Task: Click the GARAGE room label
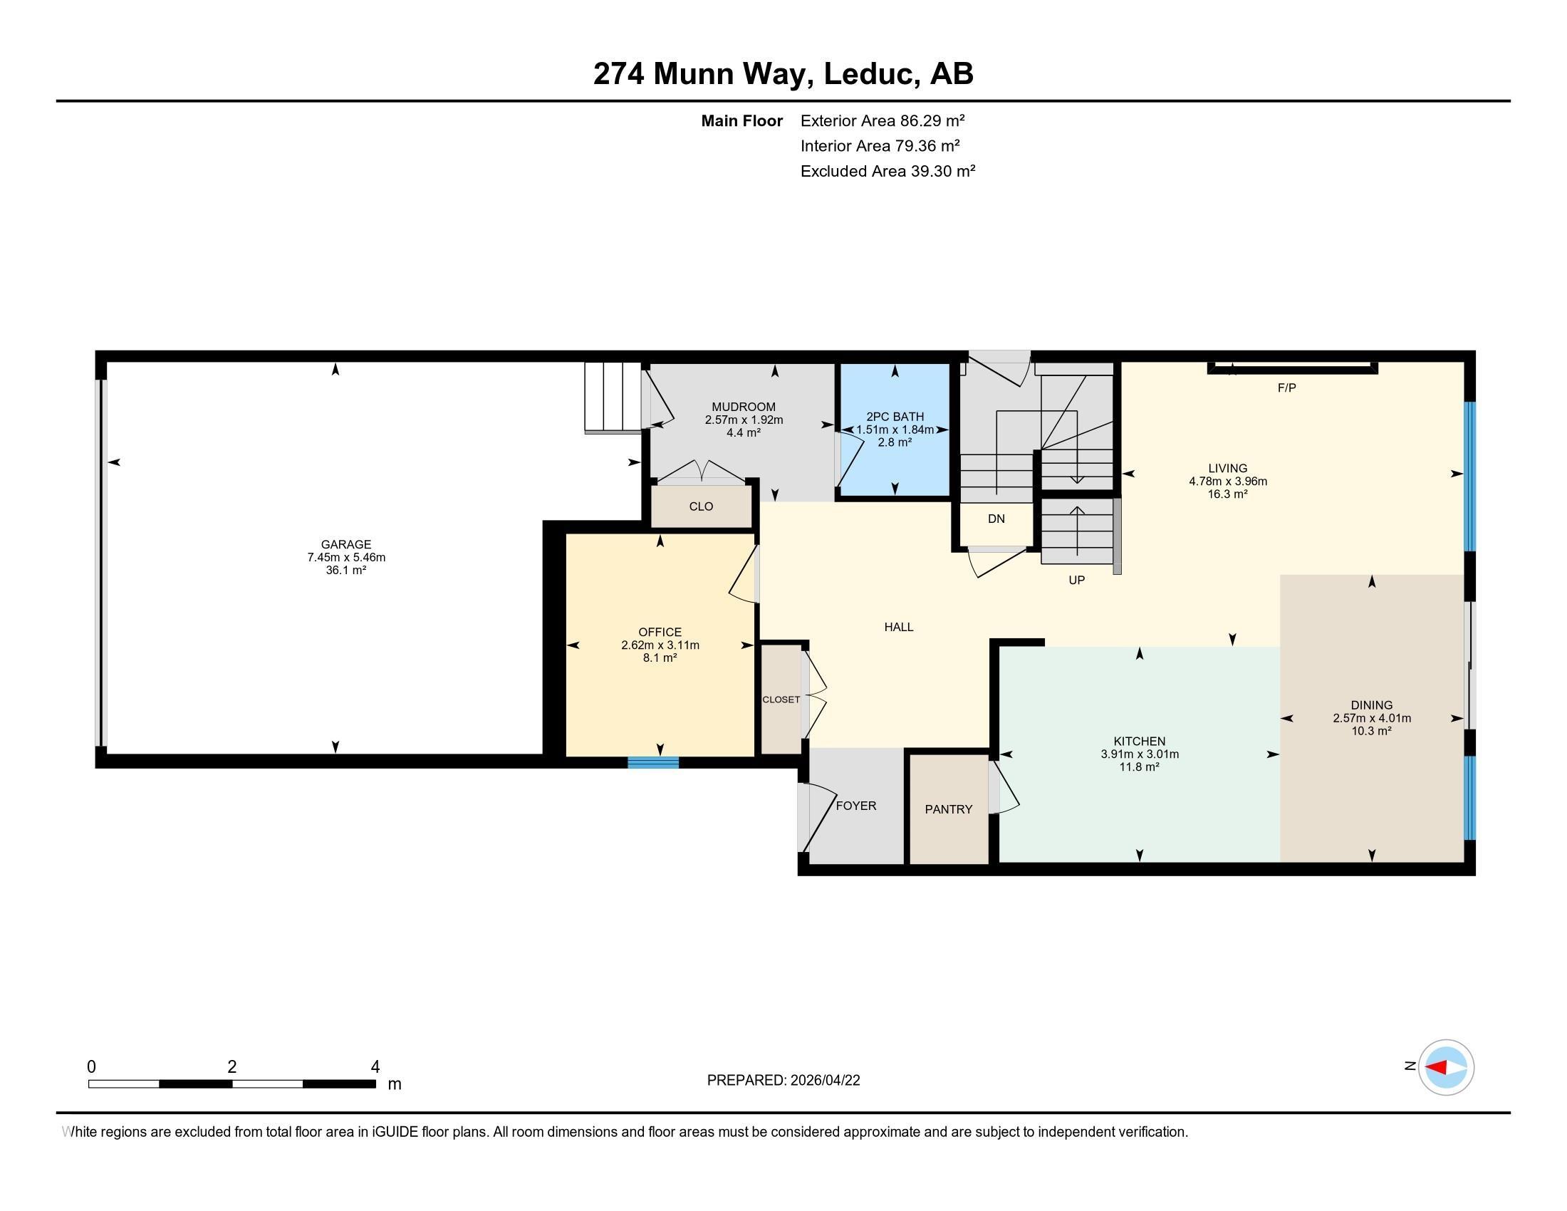tap(346, 544)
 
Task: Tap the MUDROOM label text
tap(744, 407)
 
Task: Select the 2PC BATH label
tap(895, 417)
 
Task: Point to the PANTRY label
tap(949, 809)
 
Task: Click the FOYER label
tap(856, 806)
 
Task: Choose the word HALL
tap(899, 627)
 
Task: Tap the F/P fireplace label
tap(1287, 388)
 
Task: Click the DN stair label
tap(996, 519)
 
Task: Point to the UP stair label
tap(1077, 580)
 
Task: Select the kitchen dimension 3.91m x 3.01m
tap(1140, 754)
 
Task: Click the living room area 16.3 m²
tap(1228, 494)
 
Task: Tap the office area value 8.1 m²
tap(660, 658)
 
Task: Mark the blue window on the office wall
tap(653, 763)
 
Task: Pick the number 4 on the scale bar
tap(375, 1067)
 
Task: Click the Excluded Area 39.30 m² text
tap(887, 171)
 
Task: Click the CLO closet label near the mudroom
tap(701, 506)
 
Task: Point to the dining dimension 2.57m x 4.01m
tap(1372, 718)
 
